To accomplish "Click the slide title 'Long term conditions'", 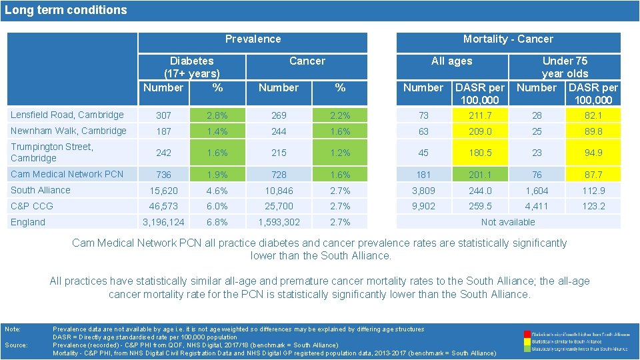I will [65, 10].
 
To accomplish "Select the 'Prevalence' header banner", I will [253, 39].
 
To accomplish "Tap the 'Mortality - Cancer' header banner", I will [508, 39].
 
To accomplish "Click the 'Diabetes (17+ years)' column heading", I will [191, 67].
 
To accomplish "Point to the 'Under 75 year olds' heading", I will [565, 67].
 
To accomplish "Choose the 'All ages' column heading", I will [451, 61].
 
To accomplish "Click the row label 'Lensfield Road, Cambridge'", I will [67, 115].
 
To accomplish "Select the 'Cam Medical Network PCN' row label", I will [67, 174].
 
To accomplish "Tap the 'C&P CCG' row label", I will [32, 206].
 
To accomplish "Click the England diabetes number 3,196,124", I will [164, 222].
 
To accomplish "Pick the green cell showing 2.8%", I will [217, 115].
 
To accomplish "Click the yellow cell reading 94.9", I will [593, 153].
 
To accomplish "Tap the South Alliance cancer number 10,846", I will [279, 191].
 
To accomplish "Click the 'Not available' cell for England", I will [508, 222].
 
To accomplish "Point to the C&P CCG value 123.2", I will [593, 207].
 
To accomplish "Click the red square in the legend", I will [527, 333].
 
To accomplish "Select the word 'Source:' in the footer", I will [15, 345].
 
